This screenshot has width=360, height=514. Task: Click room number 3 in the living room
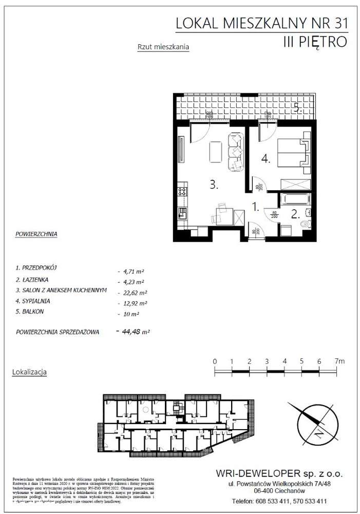tap(214, 186)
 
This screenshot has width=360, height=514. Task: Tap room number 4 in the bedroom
tap(266, 159)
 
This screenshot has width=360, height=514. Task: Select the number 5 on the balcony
tap(297, 107)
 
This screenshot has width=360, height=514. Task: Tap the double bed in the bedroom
tap(293, 153)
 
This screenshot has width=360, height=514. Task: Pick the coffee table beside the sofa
tap(216, 152)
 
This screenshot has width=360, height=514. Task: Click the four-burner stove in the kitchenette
tap(182, 192)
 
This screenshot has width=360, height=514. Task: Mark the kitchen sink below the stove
tap(182, 211)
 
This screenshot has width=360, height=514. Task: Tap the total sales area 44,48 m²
tap(135, 332)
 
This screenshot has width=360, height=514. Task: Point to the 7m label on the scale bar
tap(338, 361)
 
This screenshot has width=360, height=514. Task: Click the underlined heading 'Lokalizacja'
tap(29, 371)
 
